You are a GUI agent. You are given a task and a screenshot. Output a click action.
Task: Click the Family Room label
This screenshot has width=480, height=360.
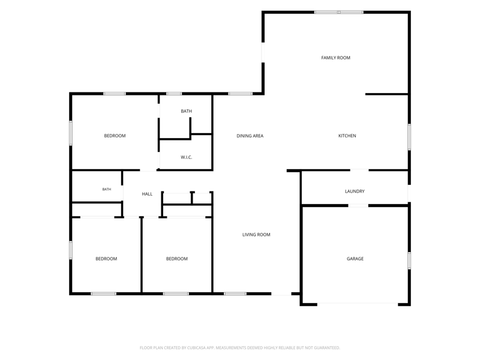(x=335, y=58)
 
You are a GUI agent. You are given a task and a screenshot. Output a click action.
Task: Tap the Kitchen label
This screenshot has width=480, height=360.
(x=347, y=136)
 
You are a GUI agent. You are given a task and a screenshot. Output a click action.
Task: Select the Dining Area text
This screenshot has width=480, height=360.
(x=250, y=136)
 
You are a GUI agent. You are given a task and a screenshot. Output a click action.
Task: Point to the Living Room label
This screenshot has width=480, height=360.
(x=256, y=235)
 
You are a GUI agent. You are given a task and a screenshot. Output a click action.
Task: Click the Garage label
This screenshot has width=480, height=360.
(x=355, y=259)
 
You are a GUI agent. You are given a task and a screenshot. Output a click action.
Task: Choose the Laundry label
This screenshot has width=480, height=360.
(x=355, y=191)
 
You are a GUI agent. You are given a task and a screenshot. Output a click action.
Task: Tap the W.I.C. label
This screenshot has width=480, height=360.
(x=187, y=157)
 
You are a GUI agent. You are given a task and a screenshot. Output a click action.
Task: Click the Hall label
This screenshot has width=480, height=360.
(x=147, y=194)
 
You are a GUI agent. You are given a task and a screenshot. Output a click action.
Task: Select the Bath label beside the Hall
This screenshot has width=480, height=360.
(x=107, y=189)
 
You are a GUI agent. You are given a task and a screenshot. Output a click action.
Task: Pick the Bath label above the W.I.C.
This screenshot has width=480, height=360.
(x=187, y=111)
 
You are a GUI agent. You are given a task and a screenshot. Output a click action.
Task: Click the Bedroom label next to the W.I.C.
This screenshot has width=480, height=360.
(x=115, y=136)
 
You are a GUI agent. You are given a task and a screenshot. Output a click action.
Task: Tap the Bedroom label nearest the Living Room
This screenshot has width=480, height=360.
(x=176, y=259)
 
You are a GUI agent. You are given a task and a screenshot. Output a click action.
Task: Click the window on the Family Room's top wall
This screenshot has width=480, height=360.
(x=339, y=12)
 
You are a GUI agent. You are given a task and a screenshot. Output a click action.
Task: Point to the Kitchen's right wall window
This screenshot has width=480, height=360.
(x=409, y=137)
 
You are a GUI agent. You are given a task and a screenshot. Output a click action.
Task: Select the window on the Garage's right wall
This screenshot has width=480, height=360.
(x=409, y=260)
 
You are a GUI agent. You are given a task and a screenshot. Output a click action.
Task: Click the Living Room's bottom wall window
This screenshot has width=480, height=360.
(x=235, y=294)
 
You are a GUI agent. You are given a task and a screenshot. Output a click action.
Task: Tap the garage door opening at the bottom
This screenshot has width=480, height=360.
(x=358, y=304)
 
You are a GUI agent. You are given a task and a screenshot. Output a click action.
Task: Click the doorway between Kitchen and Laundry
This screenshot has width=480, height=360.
(x=359, y=170)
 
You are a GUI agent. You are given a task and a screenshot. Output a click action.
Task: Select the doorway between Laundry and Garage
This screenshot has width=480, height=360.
(x=358, y=205)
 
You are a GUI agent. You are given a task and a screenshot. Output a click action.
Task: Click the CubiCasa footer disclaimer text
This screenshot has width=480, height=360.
(x=239, y=348)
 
